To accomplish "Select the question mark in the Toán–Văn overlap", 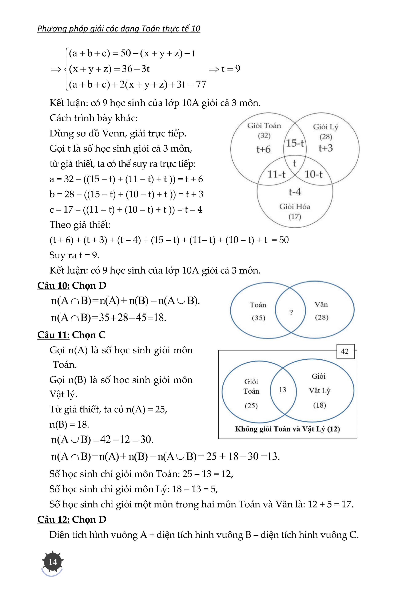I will pyautogui.click(x=291, y=312).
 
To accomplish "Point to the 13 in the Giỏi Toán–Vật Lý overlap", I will pyautogui.click(x=283, y=390).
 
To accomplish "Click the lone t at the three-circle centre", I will pyautogui.click(x=294, y=163).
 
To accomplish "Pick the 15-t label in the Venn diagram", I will pyautogui.click(x=295, y=143).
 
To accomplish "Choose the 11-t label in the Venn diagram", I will pyautogui.click(x=276, y=174).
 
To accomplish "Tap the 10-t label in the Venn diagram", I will pyautogui.click(x=314, y=174).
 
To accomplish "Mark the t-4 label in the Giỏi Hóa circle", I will pyautogui.click(x=295, y=192).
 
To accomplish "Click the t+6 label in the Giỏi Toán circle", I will pyautogui.click(x=263, y=149).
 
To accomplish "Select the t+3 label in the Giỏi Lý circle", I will pyautogui.click(x=326, y=148).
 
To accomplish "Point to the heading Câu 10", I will pyautogui.click(x=53, y=286).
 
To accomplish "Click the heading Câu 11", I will pyautogui.click(x=53, y=335).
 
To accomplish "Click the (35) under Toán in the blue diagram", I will pyautogui.click(x=258, y=318).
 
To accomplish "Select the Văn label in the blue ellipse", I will pyautogui.click(x=321, y=304).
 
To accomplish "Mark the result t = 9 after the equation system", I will pyautogui.click(x=230, y=69).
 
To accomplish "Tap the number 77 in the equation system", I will pyautogui.click(x=201, y=84).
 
